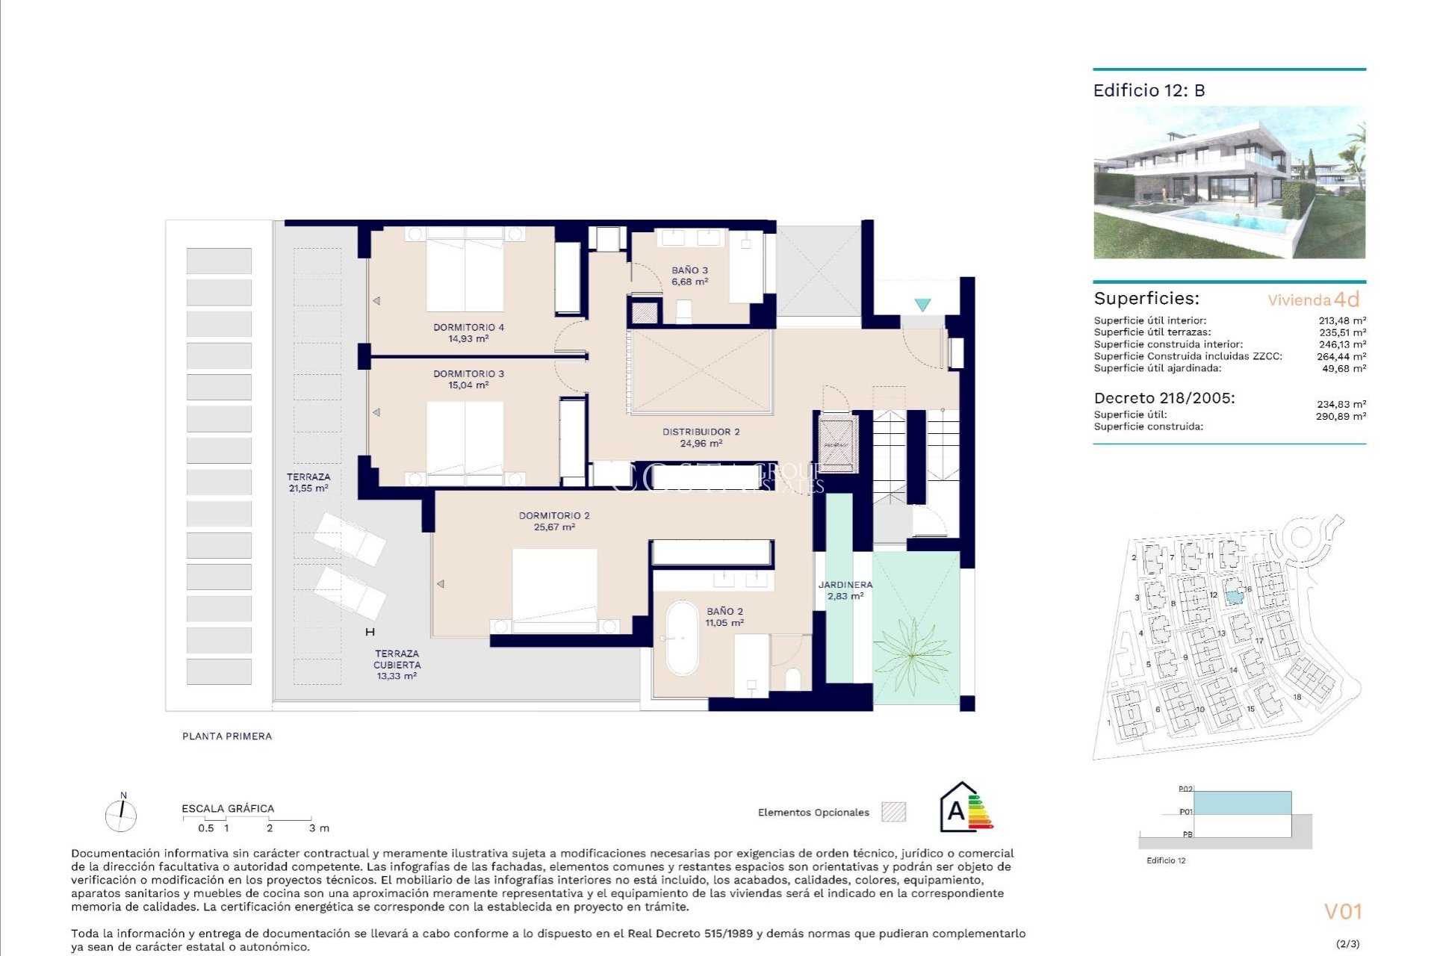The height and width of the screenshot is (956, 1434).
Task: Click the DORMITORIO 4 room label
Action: [x=468, y=327]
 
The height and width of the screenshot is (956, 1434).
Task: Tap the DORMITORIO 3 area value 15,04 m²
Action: [x=468, y=385]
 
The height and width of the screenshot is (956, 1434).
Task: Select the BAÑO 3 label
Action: [x=689, y=270]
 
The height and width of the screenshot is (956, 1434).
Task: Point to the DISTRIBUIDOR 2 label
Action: [x=701, y=432]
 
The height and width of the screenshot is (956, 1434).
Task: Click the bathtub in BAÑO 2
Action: [x=681, y=638]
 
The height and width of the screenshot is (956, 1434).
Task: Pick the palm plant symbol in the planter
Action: [x=913, y=656]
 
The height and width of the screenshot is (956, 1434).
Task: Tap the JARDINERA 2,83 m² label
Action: [x=845, y=590]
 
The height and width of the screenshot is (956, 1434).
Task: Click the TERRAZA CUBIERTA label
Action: [x=397, y=659]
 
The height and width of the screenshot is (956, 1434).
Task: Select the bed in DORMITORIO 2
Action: [x=554, y=587]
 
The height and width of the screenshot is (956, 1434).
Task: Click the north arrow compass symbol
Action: [x=121, y=814]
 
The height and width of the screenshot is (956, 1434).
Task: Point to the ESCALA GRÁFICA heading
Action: [x=228, y=808]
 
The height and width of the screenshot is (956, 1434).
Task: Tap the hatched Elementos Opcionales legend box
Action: [x=893, y=812]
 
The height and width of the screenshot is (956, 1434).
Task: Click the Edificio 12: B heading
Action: [x=1149, y=90]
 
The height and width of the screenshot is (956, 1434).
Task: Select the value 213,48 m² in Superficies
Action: [x=1341, y=320]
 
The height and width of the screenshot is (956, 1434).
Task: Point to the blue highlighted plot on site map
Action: [x=1234, y=596]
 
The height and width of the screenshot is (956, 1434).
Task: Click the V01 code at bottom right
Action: [x=1343, y=911]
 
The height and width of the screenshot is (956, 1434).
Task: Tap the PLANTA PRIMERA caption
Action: [x=227, y=736]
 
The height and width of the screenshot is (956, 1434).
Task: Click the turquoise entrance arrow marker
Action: [x=922, y=305]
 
